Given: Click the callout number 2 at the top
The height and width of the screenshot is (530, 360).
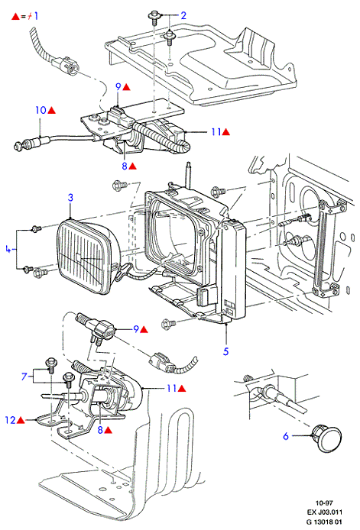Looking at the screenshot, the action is [183, 15].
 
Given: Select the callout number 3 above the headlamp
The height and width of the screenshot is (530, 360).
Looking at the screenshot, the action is [70, 197].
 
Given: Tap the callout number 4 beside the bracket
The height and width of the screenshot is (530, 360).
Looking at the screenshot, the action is [8, 250].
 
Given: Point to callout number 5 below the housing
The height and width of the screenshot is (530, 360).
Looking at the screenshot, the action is [225, 351].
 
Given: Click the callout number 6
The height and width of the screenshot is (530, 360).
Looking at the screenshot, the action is [286, 436].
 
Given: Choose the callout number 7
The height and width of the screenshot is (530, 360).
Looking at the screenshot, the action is [24, 376].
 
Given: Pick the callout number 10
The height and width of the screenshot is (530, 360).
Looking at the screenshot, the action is [41, 110].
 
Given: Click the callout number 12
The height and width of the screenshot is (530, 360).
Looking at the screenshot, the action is [11, 420].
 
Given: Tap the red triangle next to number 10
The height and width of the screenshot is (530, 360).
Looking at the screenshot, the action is [51, 110].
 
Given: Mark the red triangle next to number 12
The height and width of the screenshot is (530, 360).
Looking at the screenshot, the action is [21, 421].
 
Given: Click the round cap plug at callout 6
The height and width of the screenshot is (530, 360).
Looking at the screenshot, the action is [327, 438].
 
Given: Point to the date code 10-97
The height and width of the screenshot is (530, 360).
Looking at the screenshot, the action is [324, 503].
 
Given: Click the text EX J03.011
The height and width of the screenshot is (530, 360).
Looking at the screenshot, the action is [325, 512].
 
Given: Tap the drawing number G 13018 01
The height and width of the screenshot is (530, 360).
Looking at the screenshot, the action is [324, 521].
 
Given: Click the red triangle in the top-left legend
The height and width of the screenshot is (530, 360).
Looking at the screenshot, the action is [15, 17].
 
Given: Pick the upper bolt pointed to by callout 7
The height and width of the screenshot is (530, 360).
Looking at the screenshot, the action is [50, 364].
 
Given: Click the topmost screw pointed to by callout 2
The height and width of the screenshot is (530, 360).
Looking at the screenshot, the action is [154, 17].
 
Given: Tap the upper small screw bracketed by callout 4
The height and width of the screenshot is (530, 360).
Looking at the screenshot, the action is [35, 229].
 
